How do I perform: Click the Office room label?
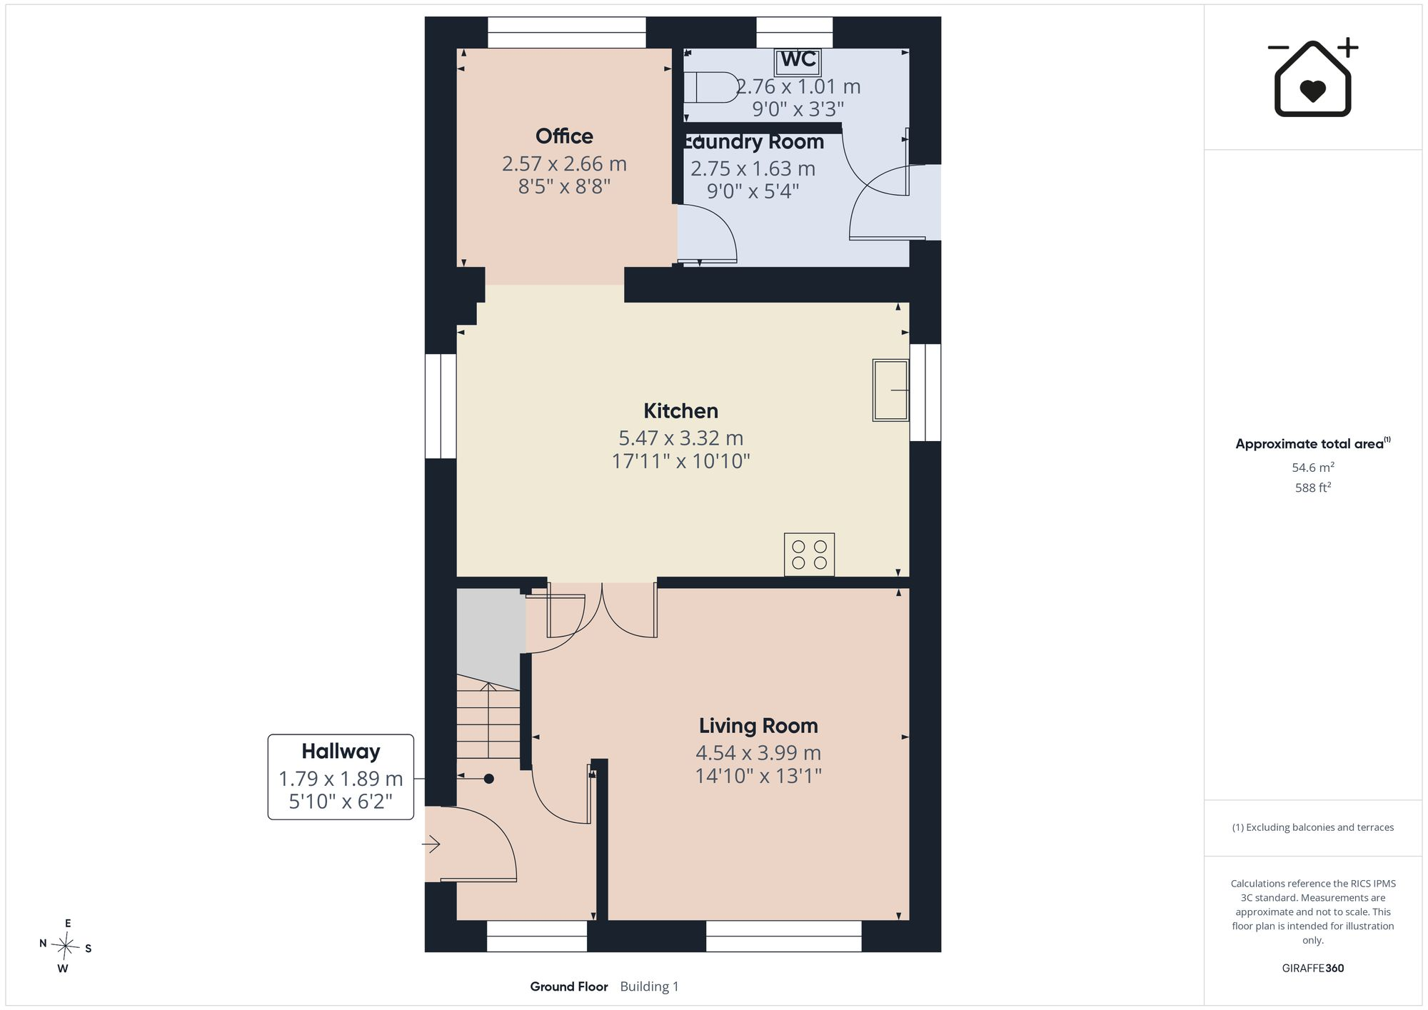(x=564, y=136)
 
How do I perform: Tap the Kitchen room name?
(x=680, y=411)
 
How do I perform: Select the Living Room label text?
(x=758, y=726)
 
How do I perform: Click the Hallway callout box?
(x=341, y=777)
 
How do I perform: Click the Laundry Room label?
(x=753, y=142)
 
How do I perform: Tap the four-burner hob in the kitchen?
(x=809, y=555)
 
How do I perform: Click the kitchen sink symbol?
(x=890, y=390)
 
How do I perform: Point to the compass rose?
(x=66, y=946)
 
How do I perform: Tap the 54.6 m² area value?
(x=1313, y=468)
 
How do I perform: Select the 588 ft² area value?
(x=1313, y=488)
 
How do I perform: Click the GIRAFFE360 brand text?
(x=1313, y=969)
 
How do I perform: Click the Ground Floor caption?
(x=568, y=986)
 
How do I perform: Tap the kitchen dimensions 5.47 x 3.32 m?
(x=680, y=438)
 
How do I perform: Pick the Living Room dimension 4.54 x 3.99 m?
(x=758, y=753)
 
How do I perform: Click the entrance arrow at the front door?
(x=431, y=844)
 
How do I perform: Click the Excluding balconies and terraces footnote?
(x=1313, y=828)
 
